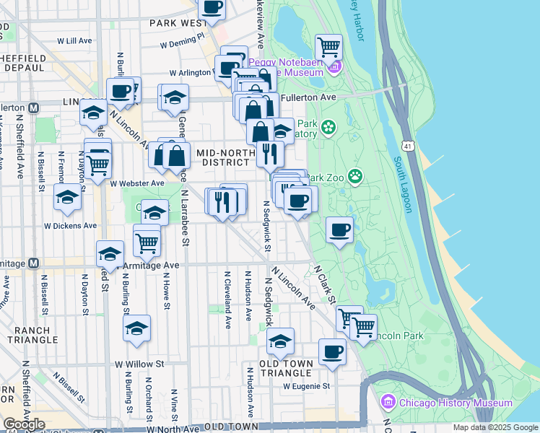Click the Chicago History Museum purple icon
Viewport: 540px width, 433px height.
tap(388, 402)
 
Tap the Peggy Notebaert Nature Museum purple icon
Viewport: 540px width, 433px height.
tap(334, 68)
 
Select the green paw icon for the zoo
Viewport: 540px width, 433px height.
tap(355, 175)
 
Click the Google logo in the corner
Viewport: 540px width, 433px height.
tap(24, 424)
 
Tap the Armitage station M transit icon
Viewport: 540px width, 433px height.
tap(32, 264)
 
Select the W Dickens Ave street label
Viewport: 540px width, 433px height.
tap(70, 226)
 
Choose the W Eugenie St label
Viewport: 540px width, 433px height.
tap(306, 386)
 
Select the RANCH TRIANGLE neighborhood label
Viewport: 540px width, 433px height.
tap(32, 334)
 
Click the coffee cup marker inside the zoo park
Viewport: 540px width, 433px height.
tap(340, 230)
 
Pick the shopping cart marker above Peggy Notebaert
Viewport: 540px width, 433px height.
tap(329, 47)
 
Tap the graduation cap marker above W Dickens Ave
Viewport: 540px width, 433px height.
tap(67, 197)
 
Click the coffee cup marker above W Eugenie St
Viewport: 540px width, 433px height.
tap(332, 351)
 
